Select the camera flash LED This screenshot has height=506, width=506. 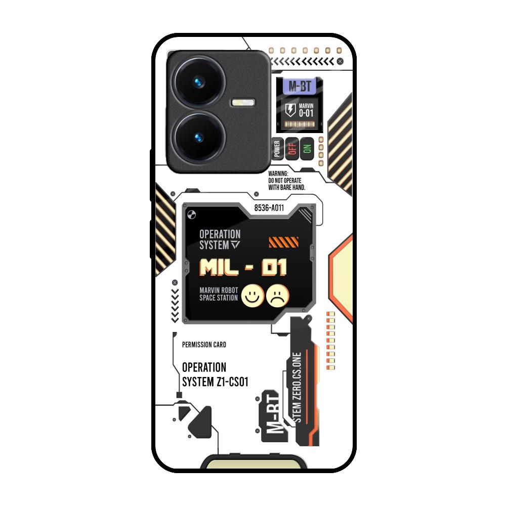coord(242,103)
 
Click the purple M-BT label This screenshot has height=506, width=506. coord(299,86)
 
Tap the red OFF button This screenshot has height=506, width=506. coord(291,149)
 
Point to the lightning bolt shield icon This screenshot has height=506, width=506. coord(290,110)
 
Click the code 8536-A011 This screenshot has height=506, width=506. coord(269,207)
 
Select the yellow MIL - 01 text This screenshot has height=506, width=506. coord(243,268)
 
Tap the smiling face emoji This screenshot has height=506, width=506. coord(251,296)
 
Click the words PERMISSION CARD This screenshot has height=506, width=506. coord(203,345)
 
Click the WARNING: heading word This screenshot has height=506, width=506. coord(278,173)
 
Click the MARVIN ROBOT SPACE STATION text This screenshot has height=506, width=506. coord(219,294)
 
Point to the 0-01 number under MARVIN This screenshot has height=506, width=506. coord(306,113)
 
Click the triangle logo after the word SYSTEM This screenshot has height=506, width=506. coord(236,245)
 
